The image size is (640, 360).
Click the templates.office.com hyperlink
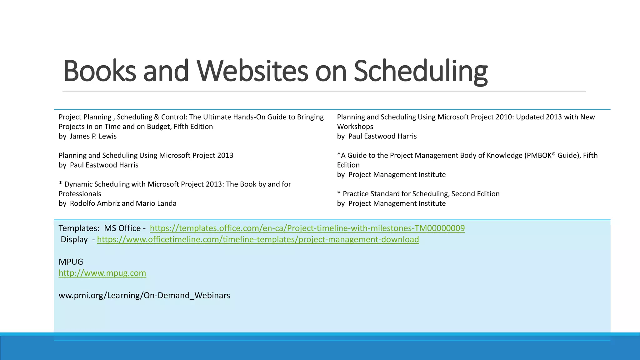[307, 228]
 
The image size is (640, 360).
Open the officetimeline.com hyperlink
[258, 239]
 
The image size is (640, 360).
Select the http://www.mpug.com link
[102, 273]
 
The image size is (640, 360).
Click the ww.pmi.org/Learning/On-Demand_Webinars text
[144, 295]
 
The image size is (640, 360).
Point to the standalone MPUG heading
[71, 262]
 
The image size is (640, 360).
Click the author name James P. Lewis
[93, 136]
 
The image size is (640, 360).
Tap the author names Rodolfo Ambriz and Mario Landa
[123, 203]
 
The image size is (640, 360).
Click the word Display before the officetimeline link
[74, 239]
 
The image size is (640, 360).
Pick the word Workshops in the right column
[355, 127]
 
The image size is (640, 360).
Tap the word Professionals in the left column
[80, 194]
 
